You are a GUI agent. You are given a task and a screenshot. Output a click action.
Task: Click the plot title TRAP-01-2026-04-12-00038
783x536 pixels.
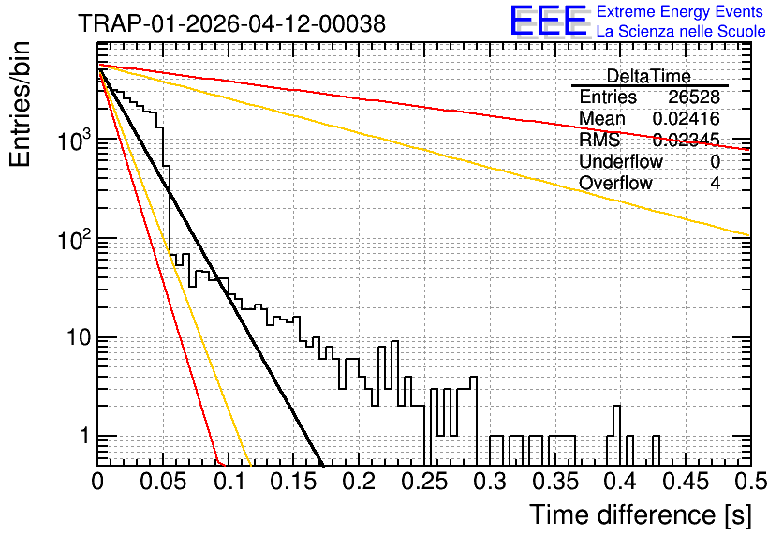pos(231,23)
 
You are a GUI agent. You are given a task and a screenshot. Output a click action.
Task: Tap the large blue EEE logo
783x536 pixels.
pos(549,22)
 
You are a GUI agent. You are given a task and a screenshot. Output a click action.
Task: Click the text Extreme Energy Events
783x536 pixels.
pos(680,11)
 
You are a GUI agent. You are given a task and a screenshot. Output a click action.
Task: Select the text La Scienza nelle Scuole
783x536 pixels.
pos(681,31)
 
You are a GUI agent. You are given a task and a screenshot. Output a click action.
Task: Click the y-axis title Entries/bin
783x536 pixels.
pos(20,105)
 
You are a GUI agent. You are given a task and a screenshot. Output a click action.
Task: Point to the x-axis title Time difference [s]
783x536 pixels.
pos(641,514)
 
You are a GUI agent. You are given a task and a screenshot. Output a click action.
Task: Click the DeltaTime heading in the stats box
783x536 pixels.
pos(649,76)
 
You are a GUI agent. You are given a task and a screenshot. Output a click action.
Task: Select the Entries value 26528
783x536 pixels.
pos(694,97)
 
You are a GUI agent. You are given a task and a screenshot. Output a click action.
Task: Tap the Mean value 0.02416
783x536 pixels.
pos(687,118)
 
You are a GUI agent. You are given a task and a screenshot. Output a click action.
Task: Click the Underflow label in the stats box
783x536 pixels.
pos(621,161)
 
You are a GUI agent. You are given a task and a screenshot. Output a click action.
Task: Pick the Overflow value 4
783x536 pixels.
pos(715,183)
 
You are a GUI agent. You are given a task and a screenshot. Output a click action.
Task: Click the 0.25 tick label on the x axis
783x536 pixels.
pos(424,482)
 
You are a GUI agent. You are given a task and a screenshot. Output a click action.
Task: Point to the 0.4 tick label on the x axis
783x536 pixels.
pos(620,482)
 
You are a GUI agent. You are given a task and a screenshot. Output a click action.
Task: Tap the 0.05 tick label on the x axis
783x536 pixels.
pos(163,482)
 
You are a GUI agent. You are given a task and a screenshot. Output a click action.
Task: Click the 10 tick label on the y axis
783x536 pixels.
pos(80,338)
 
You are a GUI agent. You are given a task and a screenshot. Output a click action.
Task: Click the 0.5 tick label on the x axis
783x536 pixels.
pos(750,482)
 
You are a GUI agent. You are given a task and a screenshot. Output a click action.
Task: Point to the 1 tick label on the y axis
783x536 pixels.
pos(85,436)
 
